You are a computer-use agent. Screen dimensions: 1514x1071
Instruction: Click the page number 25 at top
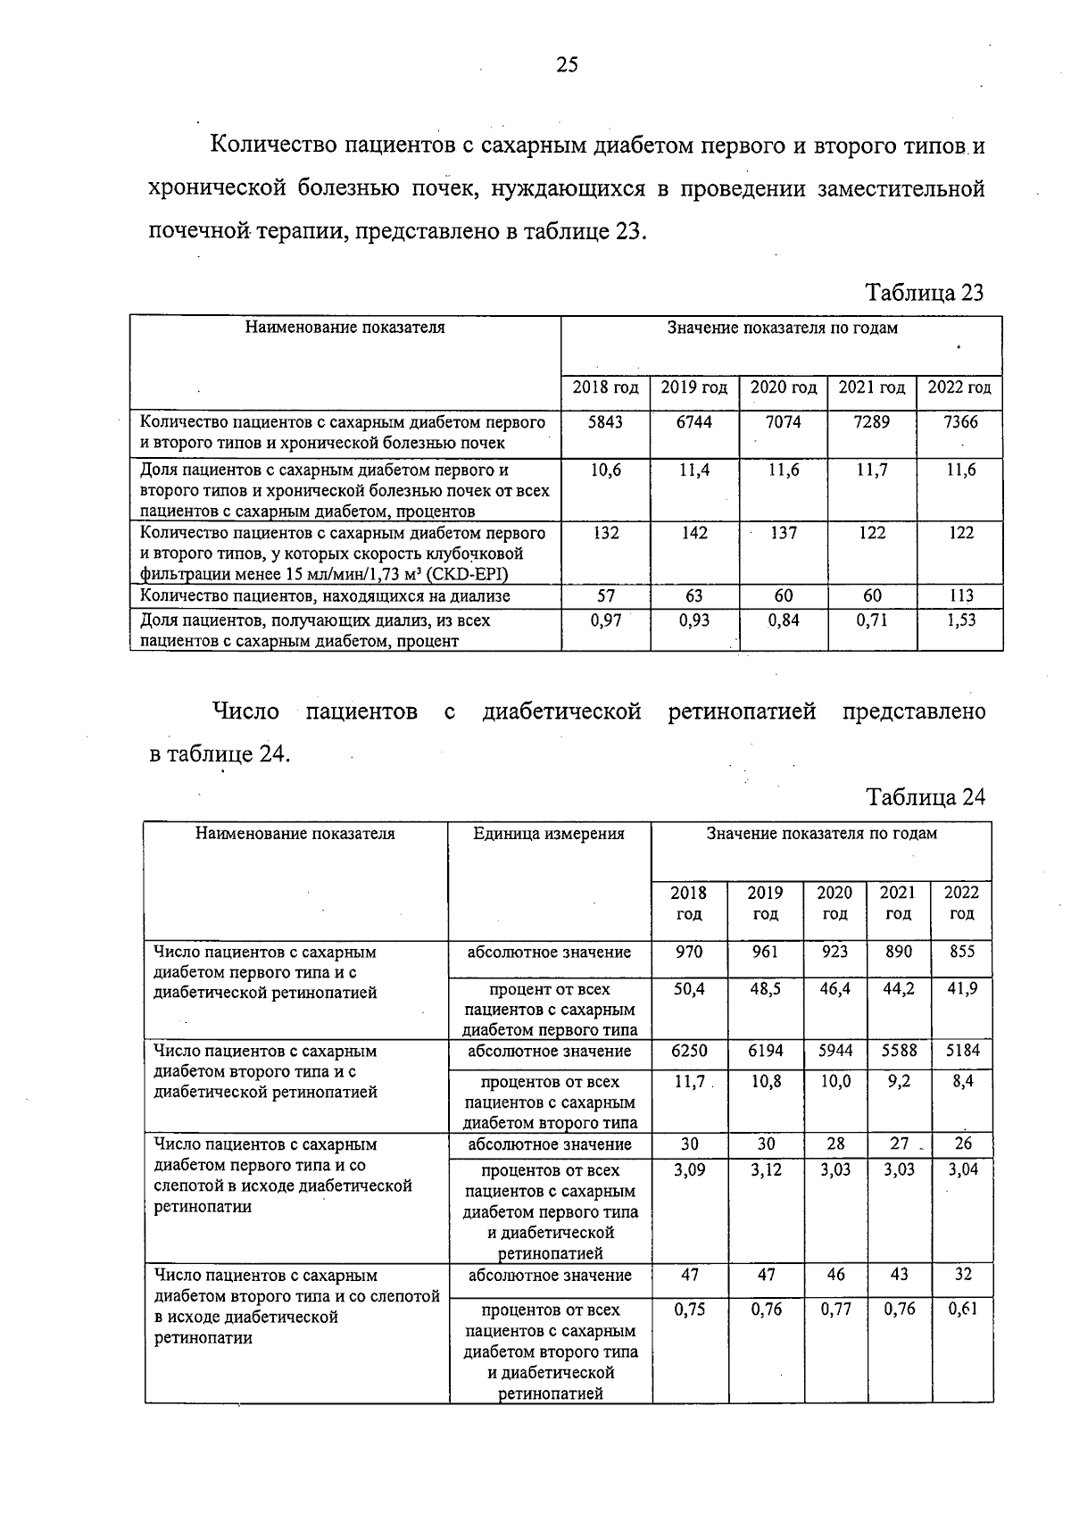[567, 64]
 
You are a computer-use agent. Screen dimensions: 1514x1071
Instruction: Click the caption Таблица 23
[925, 293]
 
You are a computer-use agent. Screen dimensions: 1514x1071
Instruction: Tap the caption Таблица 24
[926, 797]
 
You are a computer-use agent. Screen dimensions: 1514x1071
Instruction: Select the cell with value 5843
[605, 422]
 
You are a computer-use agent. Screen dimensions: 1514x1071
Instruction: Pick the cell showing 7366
[960, 422]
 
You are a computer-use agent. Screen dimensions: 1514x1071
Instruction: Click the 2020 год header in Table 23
[783, 387]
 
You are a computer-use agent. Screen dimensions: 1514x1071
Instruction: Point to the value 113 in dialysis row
[961, 595]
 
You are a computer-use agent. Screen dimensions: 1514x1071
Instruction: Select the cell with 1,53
[961, 620]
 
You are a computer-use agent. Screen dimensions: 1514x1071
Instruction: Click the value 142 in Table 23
[693, 533]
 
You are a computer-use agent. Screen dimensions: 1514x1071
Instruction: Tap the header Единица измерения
[549, 834]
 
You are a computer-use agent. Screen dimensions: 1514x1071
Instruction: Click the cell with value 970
[688, 952]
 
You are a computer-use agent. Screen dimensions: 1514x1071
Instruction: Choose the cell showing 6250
[688, 1051]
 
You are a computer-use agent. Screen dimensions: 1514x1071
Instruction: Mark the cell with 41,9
[961, 989]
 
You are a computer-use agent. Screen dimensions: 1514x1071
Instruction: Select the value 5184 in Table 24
[962, 1051]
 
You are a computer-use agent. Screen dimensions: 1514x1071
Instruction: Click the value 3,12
[766, 1169]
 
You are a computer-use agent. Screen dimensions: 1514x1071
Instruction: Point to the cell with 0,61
[962, 1310]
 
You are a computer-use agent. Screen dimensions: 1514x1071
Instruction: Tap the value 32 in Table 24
[962, 1275]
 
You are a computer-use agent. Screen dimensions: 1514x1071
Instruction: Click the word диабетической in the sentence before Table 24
[561, 711]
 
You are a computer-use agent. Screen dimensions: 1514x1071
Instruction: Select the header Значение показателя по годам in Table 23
[782, 328]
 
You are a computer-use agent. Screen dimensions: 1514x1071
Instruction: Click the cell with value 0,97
[605, 620]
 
